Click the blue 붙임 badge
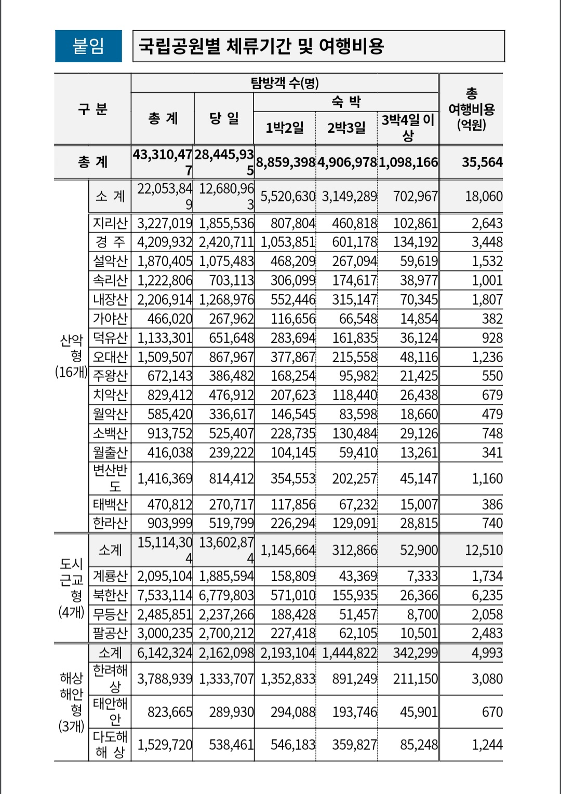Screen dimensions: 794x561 tap(88, 46)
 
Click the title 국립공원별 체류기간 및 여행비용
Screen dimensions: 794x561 tap(261, 46)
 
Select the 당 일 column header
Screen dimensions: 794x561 tap(224, 118)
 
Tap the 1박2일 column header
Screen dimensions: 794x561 tap(285, 128)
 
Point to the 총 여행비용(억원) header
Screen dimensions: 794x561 tap(471, 109)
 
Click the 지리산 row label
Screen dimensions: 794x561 tap(110, 223)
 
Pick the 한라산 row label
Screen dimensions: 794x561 tap(110, 523)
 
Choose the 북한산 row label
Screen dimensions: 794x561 tap(110, 595)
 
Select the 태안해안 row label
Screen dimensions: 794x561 tap(110, 711)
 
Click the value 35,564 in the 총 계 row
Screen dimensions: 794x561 tap(482, 162)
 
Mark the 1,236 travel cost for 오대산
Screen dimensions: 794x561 tap(487, 357)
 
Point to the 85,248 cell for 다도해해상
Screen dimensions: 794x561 tap(419, 745)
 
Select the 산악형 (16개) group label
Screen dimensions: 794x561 tap(71, 356)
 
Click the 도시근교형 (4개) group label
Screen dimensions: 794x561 tap(71, 587)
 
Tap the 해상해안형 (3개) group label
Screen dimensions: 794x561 tap(71, 702)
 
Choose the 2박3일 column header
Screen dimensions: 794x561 tap(346, 128)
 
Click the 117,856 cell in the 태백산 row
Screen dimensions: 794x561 tap(293, 504)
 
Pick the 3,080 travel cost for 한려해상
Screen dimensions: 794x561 tap(487, 679)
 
